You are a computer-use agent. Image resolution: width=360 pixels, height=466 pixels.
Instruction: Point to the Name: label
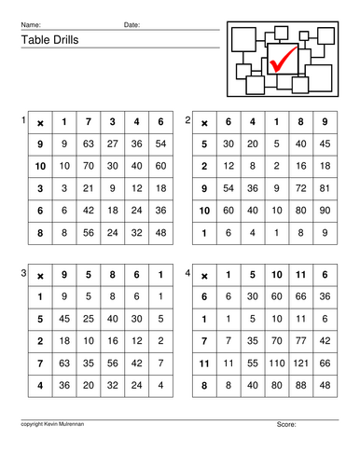coord(31,24)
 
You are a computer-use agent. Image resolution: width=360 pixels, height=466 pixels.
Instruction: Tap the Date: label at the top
coord(132,24)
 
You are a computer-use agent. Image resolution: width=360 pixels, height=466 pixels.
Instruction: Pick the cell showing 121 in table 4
coord(300,363)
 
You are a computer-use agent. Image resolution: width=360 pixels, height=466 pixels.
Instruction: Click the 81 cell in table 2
coord(323,186)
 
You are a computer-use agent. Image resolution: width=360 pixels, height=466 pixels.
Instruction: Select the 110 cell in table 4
coord(277,363)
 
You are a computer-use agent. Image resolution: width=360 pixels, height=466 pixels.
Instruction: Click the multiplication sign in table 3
coord(40,276)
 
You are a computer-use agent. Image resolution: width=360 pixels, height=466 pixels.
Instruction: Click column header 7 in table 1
coord(87,122)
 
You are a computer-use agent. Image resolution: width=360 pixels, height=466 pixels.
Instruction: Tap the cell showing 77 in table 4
coord(300,341)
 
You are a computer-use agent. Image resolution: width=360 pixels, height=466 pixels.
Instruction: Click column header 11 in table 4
coord(300,276)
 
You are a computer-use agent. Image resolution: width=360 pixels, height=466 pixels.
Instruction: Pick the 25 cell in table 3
coord(87,319)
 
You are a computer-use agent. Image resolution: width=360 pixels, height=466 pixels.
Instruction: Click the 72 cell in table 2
coord(299,186)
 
